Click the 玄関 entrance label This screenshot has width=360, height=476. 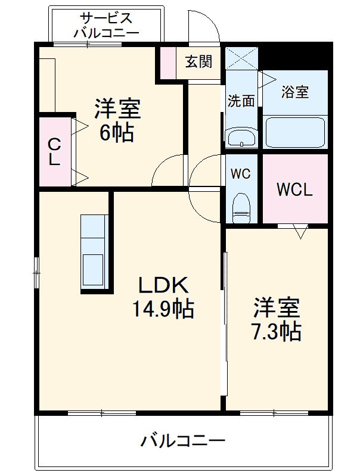[198, 61]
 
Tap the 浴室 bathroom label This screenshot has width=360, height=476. [295, 92]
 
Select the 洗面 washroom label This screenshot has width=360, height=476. [241, 101]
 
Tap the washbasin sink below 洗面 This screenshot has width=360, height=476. [242, 137]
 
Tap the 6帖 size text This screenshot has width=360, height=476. [116, 132]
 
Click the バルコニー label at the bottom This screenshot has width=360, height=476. [183, 441]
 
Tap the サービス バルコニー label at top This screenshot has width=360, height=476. [107, 26]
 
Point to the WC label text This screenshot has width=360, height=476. [241, 175]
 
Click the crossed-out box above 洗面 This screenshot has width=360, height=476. [242, 58]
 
